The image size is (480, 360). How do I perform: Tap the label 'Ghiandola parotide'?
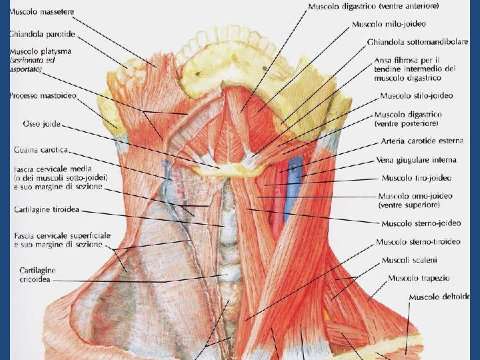pos(42,33)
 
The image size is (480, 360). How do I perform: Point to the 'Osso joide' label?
pos(42,124)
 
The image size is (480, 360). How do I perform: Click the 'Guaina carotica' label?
pos(41,151)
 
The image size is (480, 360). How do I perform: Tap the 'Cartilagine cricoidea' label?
pos(37,275)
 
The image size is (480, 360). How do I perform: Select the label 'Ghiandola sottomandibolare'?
pos(417,42)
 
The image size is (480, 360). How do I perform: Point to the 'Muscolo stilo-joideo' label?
pos(416,95)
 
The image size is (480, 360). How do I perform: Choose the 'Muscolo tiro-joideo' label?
pos(416,178)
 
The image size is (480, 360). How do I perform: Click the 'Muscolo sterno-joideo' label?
pos(421,223)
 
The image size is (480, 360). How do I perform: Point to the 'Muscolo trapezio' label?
pos(419,277)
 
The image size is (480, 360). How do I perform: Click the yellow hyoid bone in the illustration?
pos(230,170)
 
